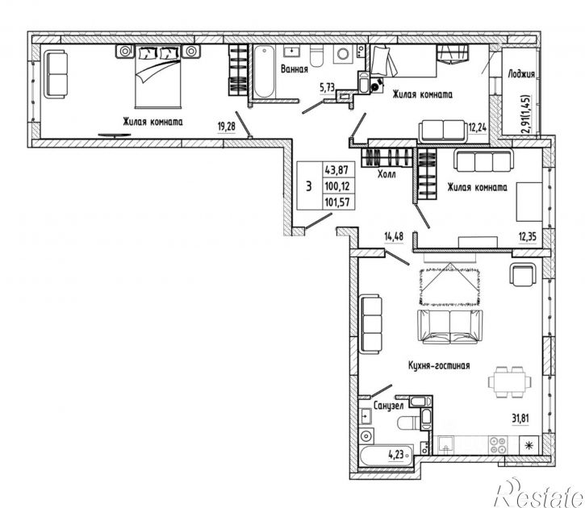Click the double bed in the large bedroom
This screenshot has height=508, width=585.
pyautogui.click(x=158, y=77)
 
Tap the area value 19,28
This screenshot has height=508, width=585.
pyautogui.click(x=227, y=127)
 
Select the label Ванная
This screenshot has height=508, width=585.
pyautogui.click(x=295, y=69)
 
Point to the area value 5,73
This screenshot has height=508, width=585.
pyautogui.click(x=328, y=88)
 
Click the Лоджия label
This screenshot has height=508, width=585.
pyautogui.click(x=521, y=74)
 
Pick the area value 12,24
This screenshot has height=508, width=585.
pyautogui.click(x=478, y=128)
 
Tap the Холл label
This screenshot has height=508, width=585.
pyautogui.click(x=387, y=174)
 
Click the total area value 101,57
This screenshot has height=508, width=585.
pyautogui.click(x=336, y=202)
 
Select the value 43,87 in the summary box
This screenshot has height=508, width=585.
pyautogui.click(x=336, y=170)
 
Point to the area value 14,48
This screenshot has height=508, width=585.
pyautogui.click(x=394, y=236)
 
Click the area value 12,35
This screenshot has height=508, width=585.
pyautogui.click(x=528, y=237)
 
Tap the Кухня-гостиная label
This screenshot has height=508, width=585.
pyautogui.click(x=439, y=365)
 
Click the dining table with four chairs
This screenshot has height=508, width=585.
pyautogui.click(x=510, y=382)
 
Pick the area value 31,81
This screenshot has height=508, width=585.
pyautogui.click(x=520, y=418)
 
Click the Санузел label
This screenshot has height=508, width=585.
pyautogui.click(x=388, y=406)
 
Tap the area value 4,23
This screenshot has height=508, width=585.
pyautogui.click(x=396, y=454)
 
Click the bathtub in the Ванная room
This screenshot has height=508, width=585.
pyautogui.click(x=265, y=72)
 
